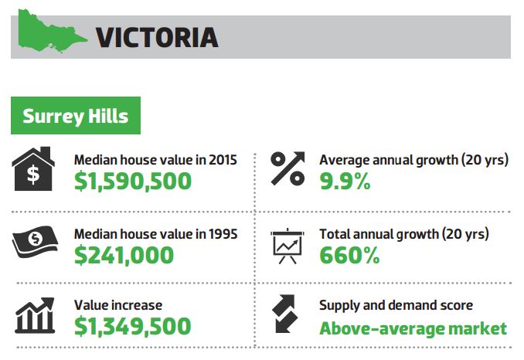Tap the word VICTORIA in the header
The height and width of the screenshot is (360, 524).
pos(157,36)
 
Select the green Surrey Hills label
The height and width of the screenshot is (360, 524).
pos(75,117)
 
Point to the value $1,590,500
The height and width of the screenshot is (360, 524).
pos(132,181)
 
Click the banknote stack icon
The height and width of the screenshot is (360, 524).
pos(33,243)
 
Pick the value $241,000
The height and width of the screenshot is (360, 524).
pos(124,254)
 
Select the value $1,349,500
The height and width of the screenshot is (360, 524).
pos(132,327)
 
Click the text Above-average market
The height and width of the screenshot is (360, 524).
pos(413,328)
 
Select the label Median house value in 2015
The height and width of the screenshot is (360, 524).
pos(155,160)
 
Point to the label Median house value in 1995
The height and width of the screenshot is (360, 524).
pos(155,233)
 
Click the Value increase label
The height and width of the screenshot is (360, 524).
pos(118,306)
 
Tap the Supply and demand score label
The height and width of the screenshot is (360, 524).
pos(396,306)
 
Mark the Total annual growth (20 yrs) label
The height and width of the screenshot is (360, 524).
pos(404,233)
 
